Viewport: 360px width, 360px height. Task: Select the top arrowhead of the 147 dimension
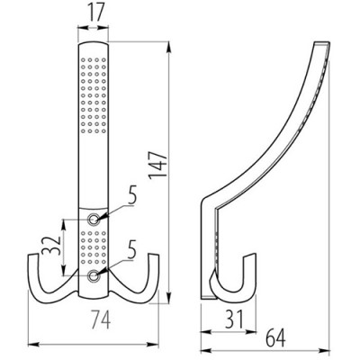pos(168,42)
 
